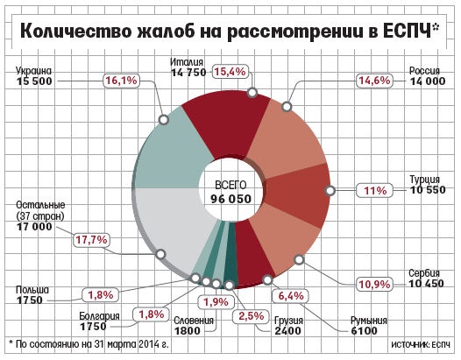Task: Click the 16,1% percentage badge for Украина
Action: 121,81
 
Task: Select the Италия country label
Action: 187,62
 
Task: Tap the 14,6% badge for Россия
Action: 374,81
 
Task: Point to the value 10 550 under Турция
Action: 428,190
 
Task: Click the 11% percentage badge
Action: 375,191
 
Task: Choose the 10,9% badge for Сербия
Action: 374,284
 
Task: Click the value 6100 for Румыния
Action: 364,330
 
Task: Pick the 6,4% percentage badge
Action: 291,296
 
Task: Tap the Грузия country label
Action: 288,321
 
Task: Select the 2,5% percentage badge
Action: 251,316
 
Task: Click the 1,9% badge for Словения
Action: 216,302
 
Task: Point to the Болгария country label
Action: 99,316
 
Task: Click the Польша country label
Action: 32,290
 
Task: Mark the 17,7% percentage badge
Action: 91,240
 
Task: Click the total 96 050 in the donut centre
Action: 230,199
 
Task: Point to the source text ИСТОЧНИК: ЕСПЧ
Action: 421,344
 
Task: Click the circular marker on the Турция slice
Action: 330,190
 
